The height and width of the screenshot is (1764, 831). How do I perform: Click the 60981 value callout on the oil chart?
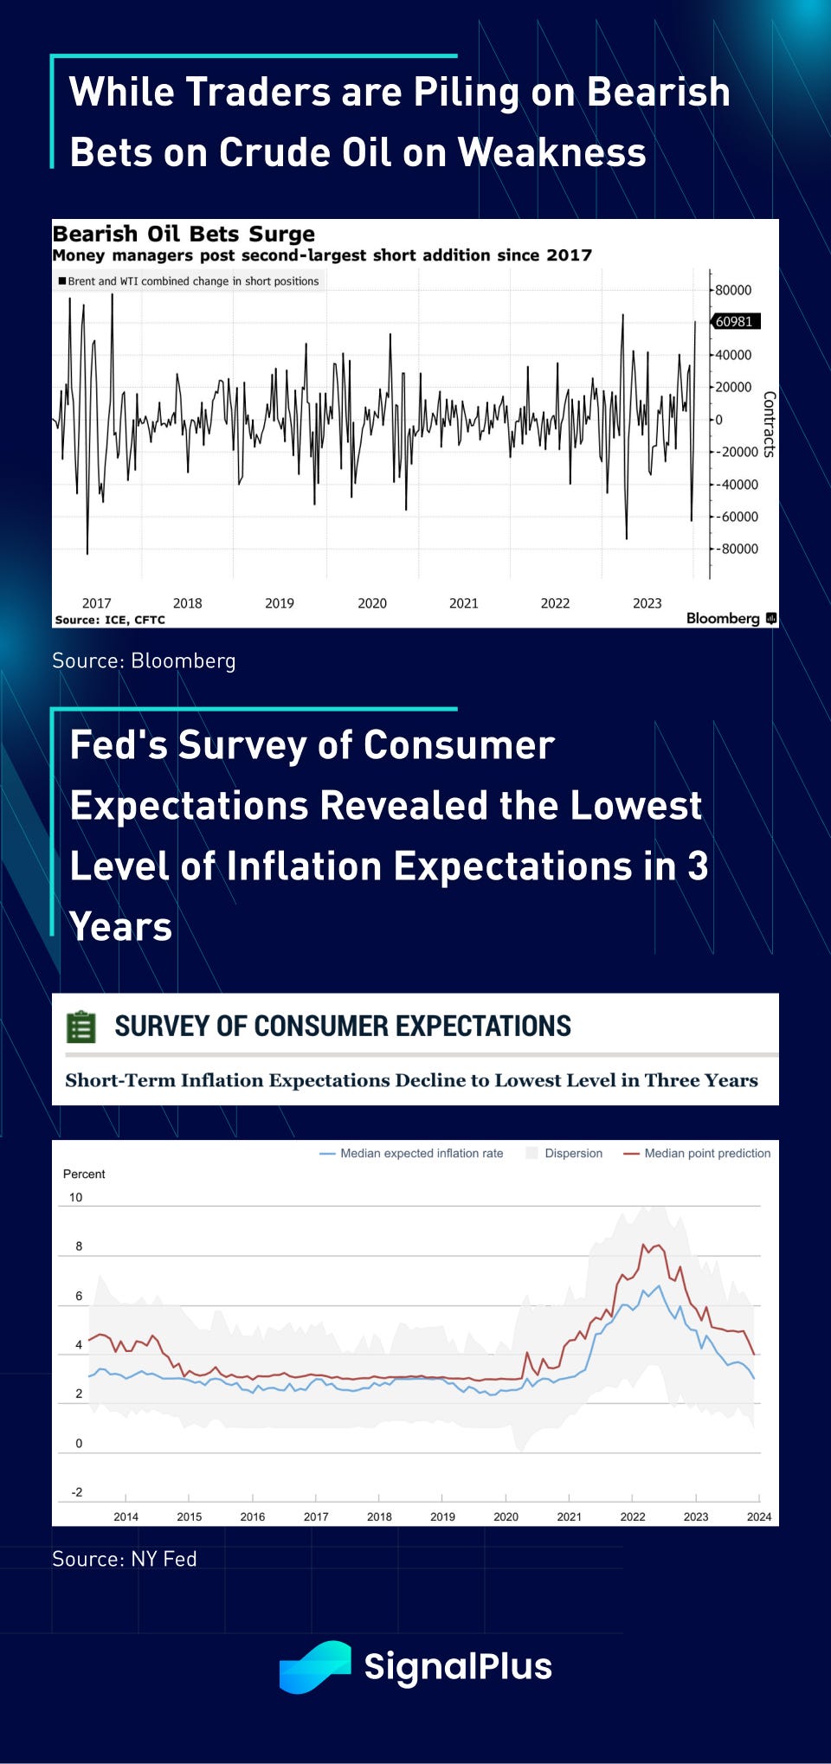pyautogui.click(x=735, y=321)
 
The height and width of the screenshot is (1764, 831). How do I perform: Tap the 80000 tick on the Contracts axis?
pyautogui.click(x=733, y=290)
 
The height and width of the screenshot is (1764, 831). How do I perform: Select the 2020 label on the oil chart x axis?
pyautogui.click(x=372, y=603)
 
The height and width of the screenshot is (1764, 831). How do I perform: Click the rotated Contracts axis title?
pyautogui.click(x=769, y=424)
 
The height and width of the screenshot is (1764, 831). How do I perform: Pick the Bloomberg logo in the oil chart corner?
pyautogui.click(x=731, y=618)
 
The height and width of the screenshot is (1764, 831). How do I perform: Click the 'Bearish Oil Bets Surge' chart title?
pyautogui.click(x=184, y=234)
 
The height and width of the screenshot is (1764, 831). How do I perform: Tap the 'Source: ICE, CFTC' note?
pyautogui.click(x=110, y=620)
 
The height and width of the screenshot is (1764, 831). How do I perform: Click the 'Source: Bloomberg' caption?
pyautogui.click(x=144, y=660)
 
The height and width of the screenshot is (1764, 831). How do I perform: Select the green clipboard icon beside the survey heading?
pyautogui.click(x=81, y=1027)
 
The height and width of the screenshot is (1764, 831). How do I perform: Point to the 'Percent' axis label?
pyautogui.click(x=84, y=1174)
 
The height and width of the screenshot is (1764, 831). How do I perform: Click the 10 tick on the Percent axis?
pyautogui.click(x=76, y=1198)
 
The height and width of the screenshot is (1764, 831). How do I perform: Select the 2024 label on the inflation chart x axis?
pyautogui.click(x=759, y=1516)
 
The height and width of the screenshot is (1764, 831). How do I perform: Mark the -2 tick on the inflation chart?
pyautogui.click(x=77, y=1492)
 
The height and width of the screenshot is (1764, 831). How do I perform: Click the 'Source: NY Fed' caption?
pyautogui.click(x=125, y=1559)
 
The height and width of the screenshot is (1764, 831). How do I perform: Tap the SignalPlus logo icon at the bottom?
pyautogui.click(x=315, y=1667)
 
